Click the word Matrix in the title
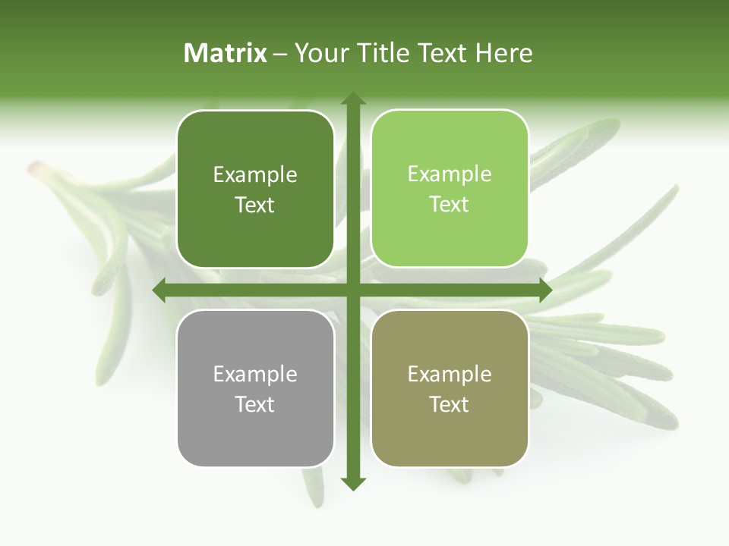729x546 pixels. coord(226,53)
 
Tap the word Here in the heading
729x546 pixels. coord(504,53)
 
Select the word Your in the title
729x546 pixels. coord(321,53)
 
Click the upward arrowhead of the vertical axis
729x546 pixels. coord(352,99)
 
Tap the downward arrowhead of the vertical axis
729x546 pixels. coord(352,483)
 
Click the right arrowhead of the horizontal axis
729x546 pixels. coord(544,290)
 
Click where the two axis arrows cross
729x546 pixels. coord(352,290)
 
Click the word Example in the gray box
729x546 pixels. coord(255,374)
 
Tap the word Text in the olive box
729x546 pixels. coord(450,404)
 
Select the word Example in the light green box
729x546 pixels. coord(450,174)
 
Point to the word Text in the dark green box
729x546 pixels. coord(255,205)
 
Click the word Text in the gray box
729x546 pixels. coord(255,404)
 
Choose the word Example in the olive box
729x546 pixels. coord(450,374)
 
